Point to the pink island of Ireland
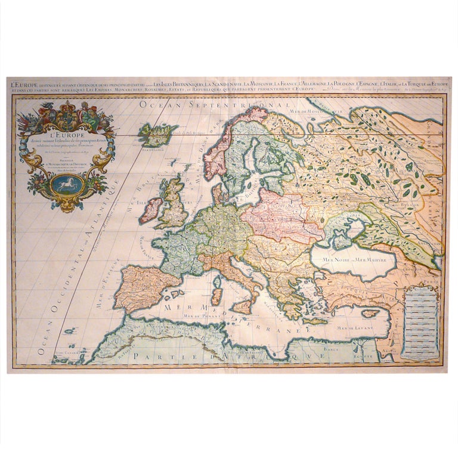pos(151,210)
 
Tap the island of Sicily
pos(242,307)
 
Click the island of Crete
pos(314,321)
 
